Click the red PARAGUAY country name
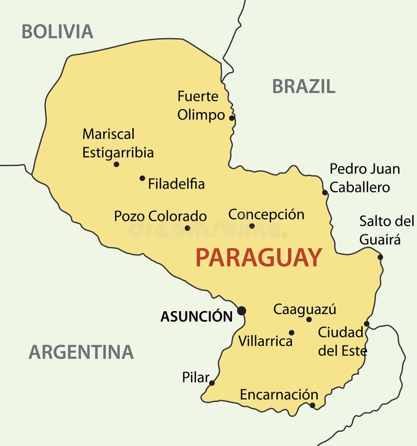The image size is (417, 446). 259,258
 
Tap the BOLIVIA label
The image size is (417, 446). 57,32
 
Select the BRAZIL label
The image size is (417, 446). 303,86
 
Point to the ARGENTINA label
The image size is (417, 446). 81,352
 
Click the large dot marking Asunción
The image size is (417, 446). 241,311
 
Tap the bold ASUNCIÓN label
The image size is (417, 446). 197,316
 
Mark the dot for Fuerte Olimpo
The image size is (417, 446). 231,118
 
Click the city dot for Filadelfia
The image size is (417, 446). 142,178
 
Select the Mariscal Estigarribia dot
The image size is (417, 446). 116,164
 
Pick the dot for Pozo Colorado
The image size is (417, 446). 188,228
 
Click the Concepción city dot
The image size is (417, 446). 252,226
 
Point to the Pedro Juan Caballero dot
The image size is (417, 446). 325,192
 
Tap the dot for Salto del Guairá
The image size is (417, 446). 381,257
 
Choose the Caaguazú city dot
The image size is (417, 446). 309,319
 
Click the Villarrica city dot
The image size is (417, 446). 291,332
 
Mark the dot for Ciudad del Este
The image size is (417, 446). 366,324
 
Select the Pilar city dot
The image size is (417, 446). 212,383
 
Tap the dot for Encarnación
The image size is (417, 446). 312,405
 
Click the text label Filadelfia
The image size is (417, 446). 176,184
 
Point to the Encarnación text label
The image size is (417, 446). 279,394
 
